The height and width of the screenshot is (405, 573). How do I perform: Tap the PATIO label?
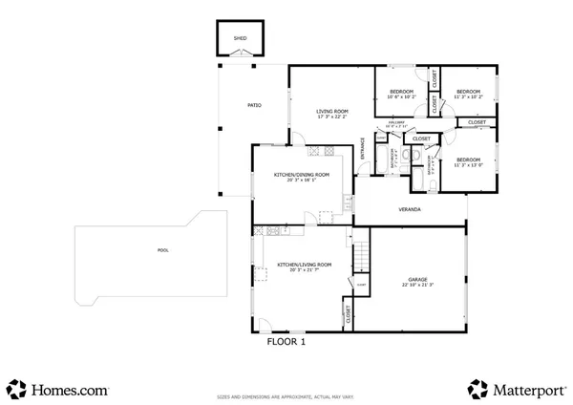pos(255,105)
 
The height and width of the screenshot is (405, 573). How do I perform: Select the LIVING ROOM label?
pos(331,111)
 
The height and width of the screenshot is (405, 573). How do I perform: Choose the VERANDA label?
pos(410,209)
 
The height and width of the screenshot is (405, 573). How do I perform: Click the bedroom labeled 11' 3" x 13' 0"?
pos(468,162)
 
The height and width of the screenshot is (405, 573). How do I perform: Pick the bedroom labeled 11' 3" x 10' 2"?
pos(468,94)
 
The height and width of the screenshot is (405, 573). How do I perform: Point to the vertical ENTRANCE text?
pos(362,153)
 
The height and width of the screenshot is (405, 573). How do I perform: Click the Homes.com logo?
pos(57,389)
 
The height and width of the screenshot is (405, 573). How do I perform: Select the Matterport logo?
pos(516,389)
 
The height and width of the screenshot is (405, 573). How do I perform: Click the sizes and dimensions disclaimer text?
pos(286,394)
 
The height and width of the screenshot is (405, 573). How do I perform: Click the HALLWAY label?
pos(398,124)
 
